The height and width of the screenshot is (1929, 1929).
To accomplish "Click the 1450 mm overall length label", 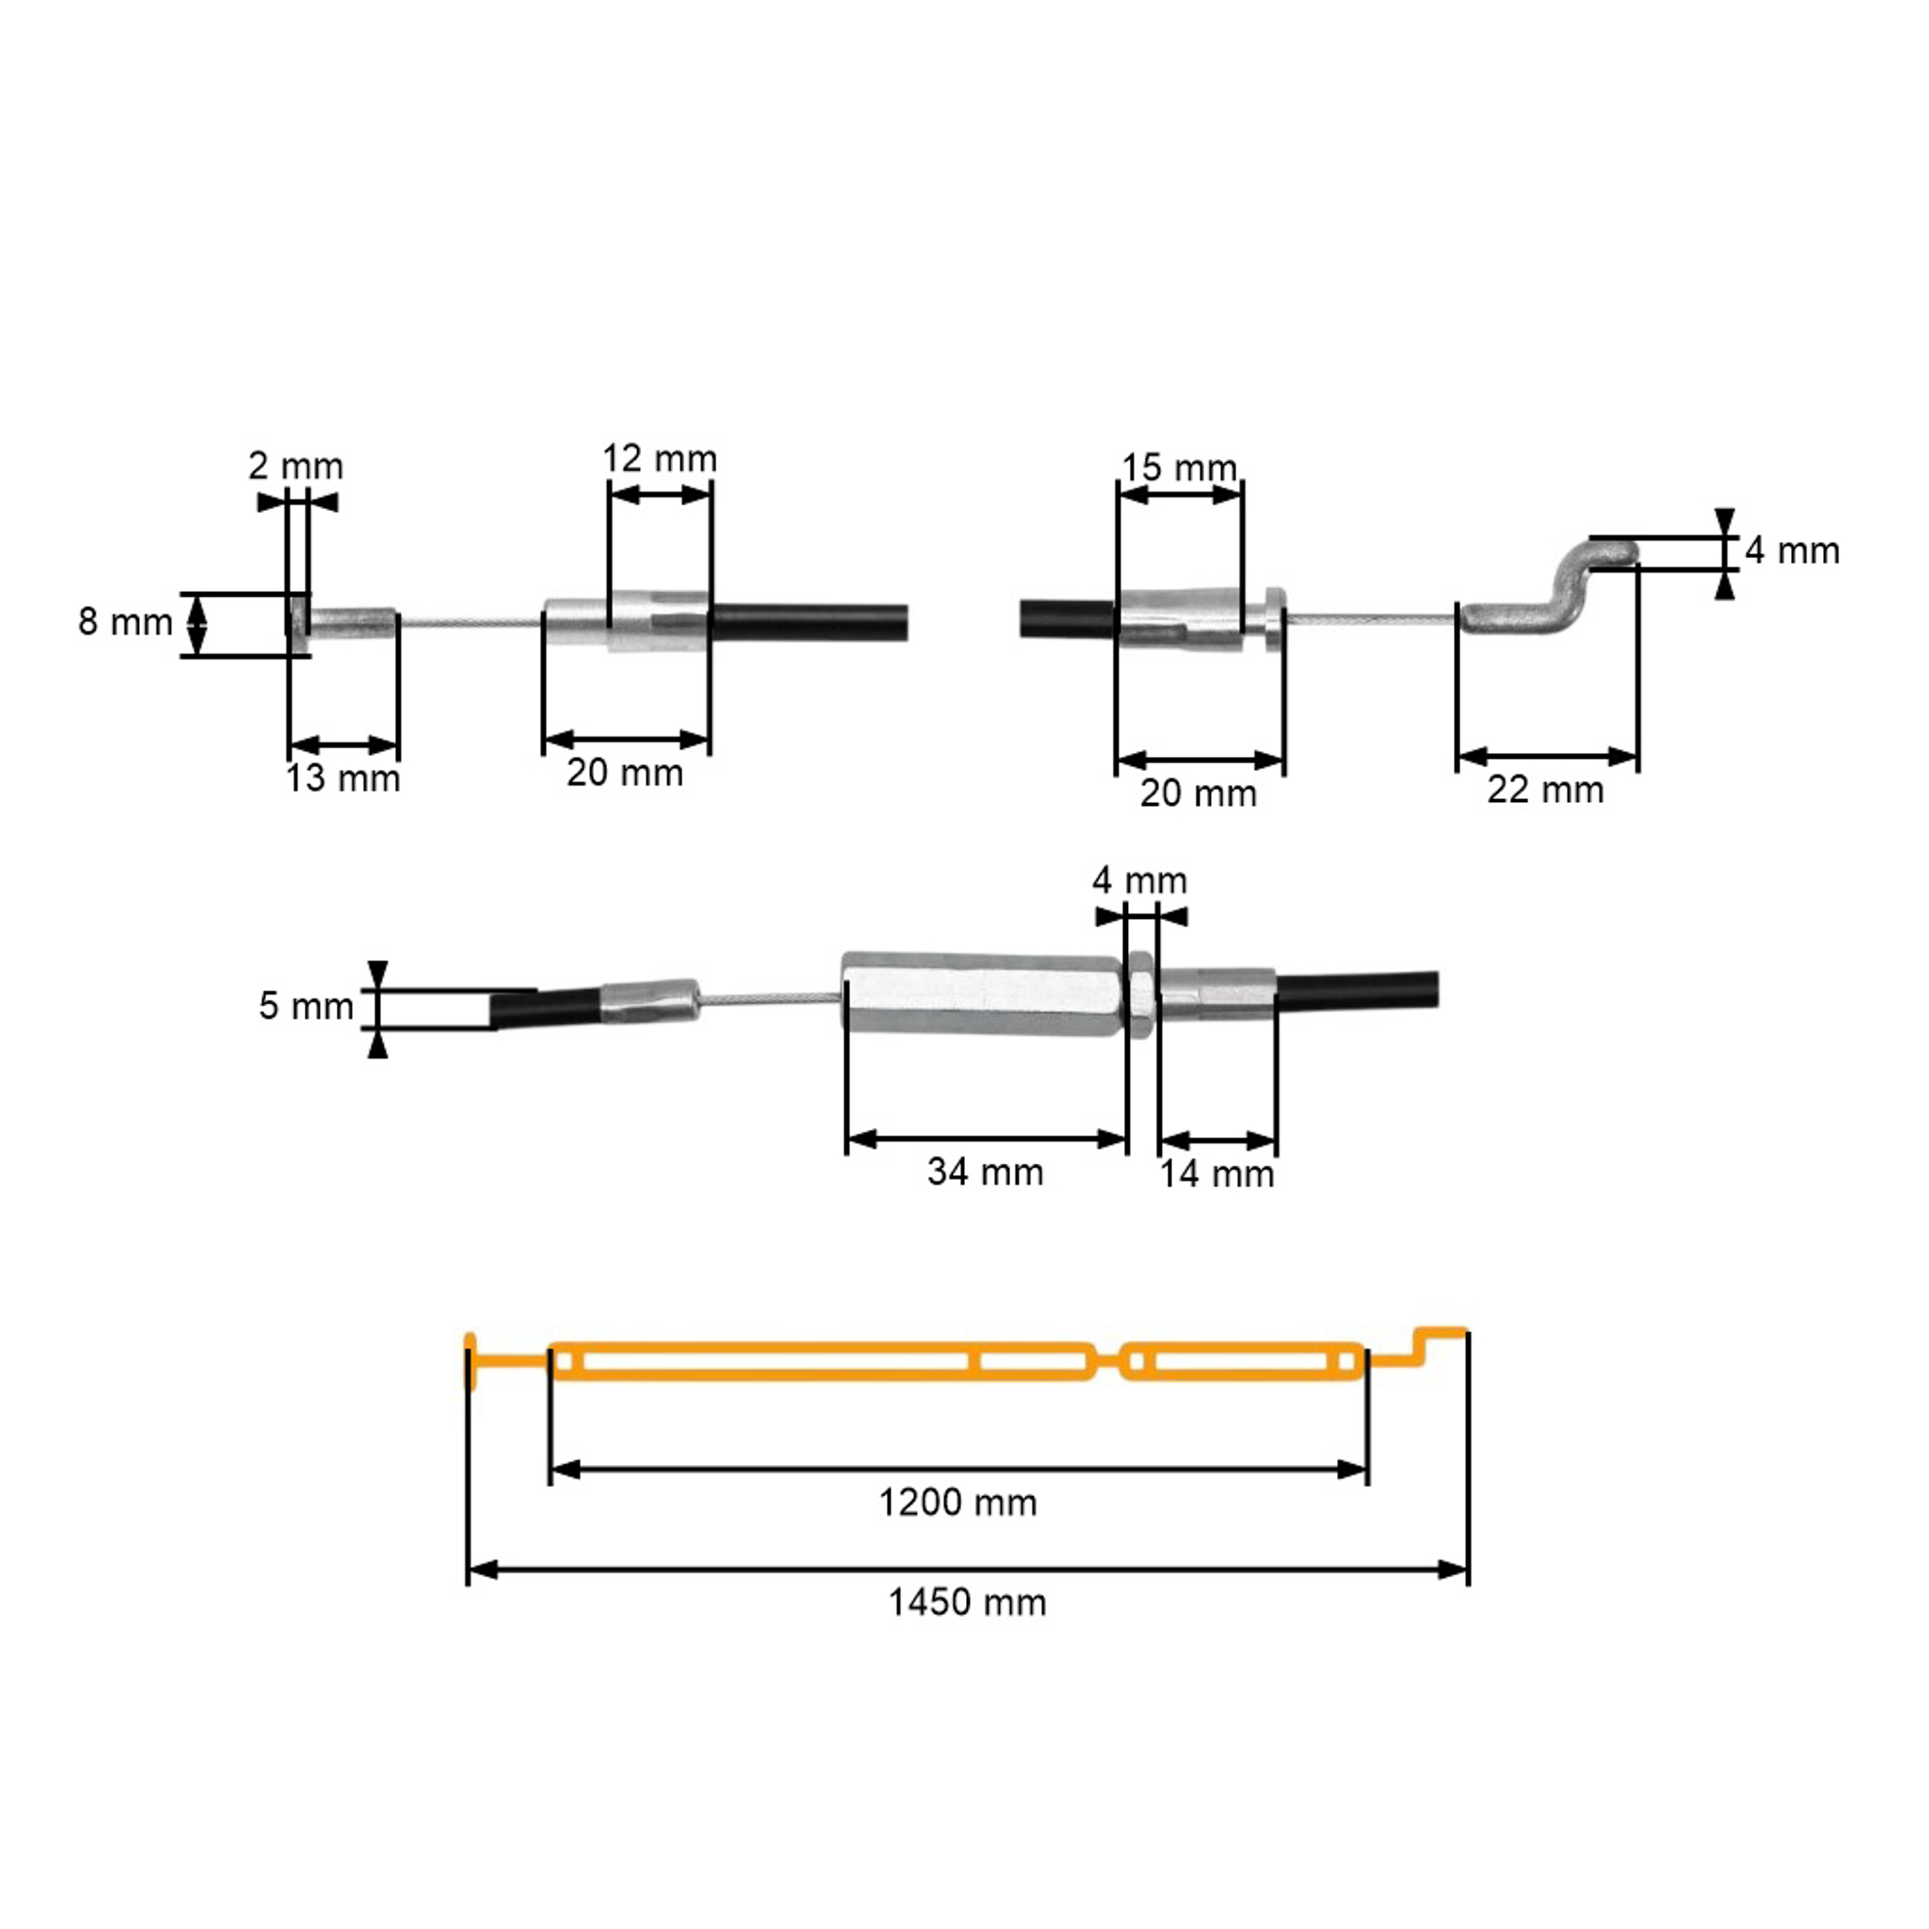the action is pyautogui.click(x=968, y=1602).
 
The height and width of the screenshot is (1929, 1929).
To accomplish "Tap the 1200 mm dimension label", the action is pyautogui.click(x=957, y=1503).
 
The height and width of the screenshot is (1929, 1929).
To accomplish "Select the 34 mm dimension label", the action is pyautogui.click(x=986, y=1171).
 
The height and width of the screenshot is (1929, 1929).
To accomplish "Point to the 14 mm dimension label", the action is pyautogui.click(x=1217, y=1173).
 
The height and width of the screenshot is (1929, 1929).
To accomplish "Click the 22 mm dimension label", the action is pyautogui.click(x=1546, y=790).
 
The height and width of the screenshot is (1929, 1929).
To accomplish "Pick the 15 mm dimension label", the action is pyautogui.click(x=1179, y=467).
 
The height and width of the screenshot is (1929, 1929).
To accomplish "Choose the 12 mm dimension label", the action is pyautogui.click(x=659, y=458).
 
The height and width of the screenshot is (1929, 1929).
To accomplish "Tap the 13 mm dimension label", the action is pyautogui.click(x=343, y=778).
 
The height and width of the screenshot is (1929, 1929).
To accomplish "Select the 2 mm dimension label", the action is pyautogui.click(x=296, y=466).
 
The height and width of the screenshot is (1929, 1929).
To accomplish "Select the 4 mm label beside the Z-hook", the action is pyautogui.click(x=1792, y=550).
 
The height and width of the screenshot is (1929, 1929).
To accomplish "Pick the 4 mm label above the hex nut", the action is pyautogui.click(x=1140, y=881).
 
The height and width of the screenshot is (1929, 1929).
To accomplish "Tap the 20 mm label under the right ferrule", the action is pyautogui.click(x=1198, y=793).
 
